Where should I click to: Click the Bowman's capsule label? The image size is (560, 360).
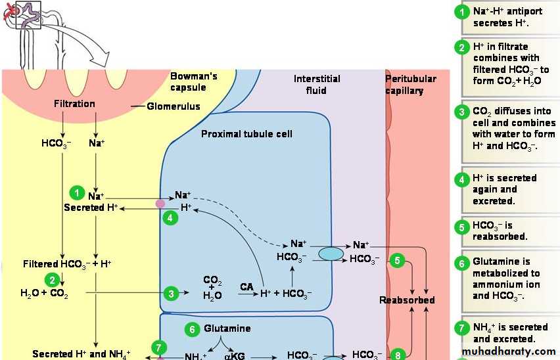[193, 82]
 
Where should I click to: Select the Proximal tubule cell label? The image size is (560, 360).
[246, 134]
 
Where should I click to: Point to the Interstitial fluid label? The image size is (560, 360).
[317, 84]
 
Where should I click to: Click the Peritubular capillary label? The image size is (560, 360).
[410, 85]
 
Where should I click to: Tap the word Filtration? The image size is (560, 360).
[74, 104]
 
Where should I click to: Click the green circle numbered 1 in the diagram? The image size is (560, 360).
[78, 193]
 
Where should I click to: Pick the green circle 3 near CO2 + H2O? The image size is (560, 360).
[171, 294]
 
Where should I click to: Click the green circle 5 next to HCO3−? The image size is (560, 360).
[397, 260]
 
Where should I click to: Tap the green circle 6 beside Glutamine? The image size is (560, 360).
[193, 329]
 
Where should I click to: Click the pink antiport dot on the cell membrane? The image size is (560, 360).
[160, 204]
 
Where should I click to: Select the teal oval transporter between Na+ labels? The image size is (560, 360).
[331, 253]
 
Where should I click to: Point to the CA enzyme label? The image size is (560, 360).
[246, 287]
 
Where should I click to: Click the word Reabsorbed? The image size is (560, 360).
[407, 300]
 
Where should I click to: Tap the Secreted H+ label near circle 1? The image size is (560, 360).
[91, 208]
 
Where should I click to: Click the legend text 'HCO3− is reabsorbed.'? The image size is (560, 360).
[500, 231]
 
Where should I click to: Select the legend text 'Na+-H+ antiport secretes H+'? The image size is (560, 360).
[507, 17]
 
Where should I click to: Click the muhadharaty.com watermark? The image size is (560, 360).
[509, 352]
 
